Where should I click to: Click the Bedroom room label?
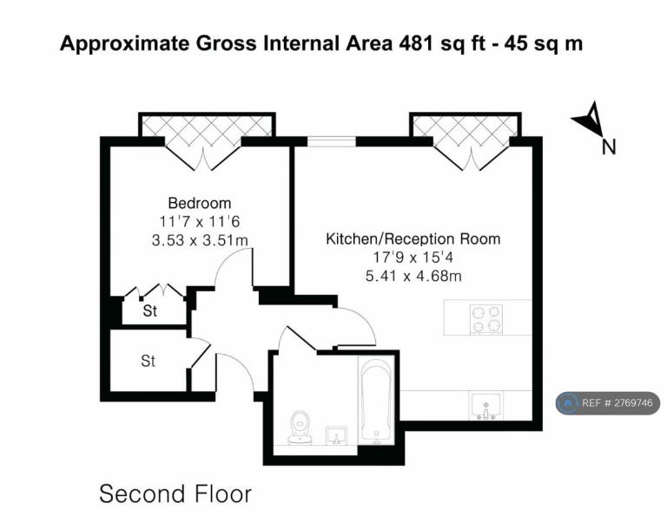(200, 203)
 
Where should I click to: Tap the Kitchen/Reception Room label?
(413, 239)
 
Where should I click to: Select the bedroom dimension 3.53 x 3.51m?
(200, 240)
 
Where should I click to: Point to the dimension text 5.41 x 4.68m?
(413, 277)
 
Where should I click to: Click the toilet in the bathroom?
(300, 428)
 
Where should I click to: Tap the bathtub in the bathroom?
(376, 402)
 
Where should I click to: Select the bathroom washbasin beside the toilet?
(336, 435)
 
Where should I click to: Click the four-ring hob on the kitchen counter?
(486, 319)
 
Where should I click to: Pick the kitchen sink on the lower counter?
(486, 406)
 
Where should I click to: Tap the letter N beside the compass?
(609, 147)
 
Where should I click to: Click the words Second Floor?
(175, 494)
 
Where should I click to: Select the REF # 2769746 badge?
(608, 402)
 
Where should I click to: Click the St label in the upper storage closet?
(149, 311)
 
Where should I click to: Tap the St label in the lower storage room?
(148, 362)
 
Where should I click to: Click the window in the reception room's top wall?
(332, 141)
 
